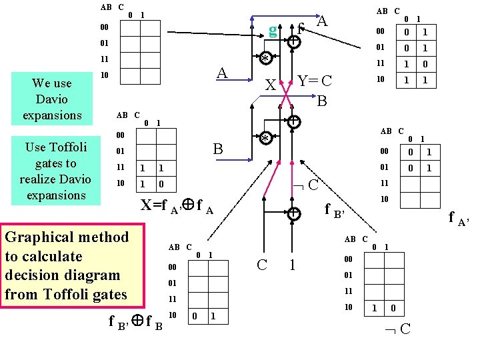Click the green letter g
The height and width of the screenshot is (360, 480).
(272, 29)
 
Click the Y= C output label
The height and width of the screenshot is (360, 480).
(315, 81)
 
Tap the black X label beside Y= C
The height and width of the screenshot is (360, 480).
(270, 85)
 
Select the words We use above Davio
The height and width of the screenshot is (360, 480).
(51, 83)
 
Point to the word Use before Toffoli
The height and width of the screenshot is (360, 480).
(37, 147)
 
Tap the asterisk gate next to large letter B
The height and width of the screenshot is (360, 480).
(265, 139)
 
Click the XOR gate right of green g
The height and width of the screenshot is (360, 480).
(294, 41)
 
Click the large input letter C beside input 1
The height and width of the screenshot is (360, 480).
(263, 264)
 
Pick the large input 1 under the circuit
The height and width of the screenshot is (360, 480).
(292, 265)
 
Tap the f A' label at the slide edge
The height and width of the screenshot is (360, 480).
(459, 217)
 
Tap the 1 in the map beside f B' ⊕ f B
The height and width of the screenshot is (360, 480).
(211, 315)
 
